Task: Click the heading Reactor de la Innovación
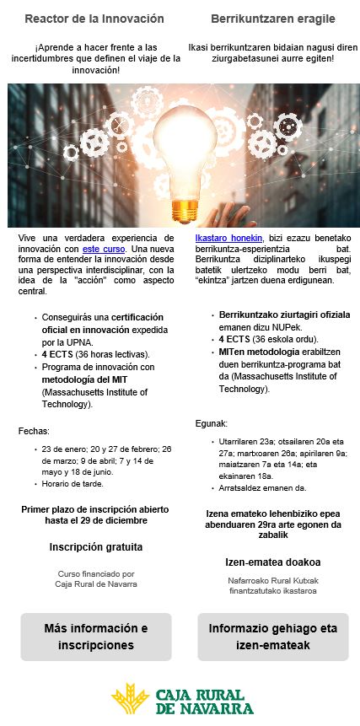(94, 19)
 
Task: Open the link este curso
(104, 250)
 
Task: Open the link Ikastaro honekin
(228, 239)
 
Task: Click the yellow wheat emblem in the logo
(130, 699)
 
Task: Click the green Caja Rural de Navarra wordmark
(205, 701)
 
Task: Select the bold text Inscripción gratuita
(95, 546)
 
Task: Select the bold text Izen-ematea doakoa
(272, 562)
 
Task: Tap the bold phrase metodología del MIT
(83, 379)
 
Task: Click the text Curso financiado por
(94, 573)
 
